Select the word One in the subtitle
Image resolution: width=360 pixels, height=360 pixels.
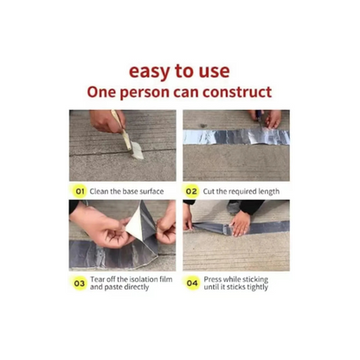coord(101,93)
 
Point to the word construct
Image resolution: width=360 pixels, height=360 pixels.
coord(237,93)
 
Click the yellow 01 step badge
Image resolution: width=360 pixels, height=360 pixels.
coord(80,191)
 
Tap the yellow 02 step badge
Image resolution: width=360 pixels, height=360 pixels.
coord(191,191)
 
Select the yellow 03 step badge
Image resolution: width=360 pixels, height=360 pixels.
coord(80,283)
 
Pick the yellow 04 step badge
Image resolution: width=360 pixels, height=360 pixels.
coord(192,283)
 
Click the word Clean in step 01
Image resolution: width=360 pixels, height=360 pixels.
coord(99,191)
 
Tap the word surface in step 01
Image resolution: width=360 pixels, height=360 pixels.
coord(151,191)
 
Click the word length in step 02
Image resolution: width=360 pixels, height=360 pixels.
coord(269,192)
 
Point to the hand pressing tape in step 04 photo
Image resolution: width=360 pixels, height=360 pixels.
coord(240,223)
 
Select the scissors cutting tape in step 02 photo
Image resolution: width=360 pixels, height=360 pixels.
coord(259,119)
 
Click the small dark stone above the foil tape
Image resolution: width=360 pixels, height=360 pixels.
coord(203,126)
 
